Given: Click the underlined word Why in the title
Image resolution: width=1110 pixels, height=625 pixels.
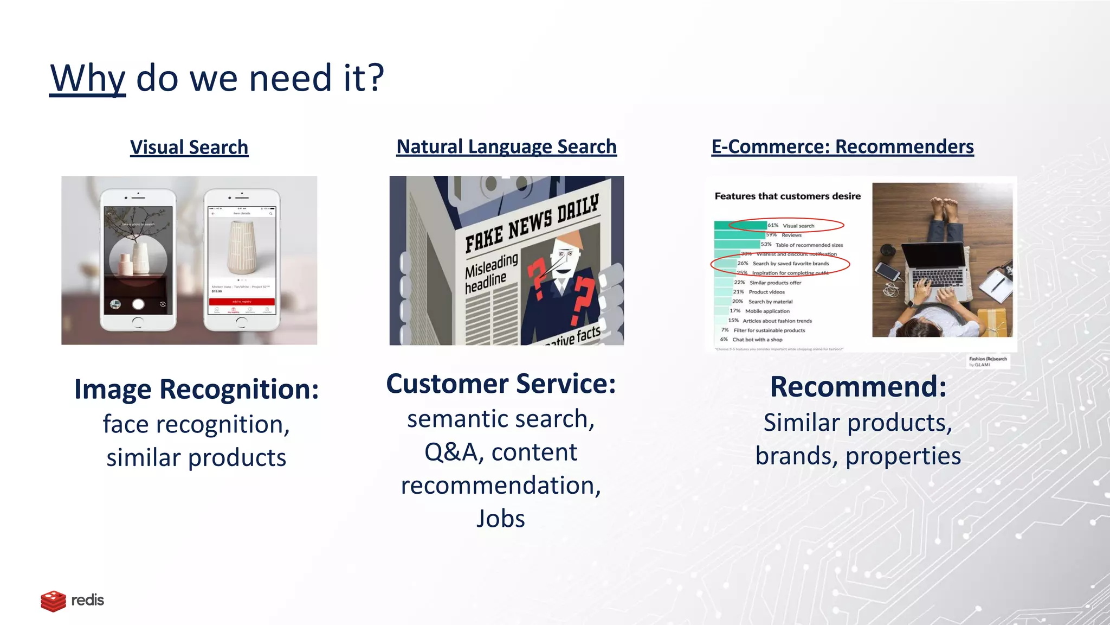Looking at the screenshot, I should [x=87, y=79].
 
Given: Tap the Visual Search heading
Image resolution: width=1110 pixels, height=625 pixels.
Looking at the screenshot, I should [x=189, y=147].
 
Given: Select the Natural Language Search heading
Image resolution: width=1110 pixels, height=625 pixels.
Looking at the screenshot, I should [x=506, y=146].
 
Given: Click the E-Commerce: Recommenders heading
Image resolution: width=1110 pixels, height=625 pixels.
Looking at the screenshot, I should [x=842, y=146].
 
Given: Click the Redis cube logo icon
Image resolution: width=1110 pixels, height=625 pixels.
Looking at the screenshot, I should [x=53, y=601].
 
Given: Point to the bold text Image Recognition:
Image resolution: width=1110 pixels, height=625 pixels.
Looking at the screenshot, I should [x=196, y=389].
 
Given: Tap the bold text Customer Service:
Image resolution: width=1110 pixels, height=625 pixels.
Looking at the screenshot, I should [x=501, y=384].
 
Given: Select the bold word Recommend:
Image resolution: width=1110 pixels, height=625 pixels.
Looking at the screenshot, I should [x=858, y=386].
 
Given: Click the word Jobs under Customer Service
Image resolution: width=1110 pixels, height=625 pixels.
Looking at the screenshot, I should [x=500, y=519].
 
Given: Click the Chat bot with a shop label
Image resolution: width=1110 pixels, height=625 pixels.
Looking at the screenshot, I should [x=757, y=340].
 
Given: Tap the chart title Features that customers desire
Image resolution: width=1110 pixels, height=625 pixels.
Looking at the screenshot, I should [x=787, y=196].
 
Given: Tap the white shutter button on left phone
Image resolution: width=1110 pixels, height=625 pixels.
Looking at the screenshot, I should [x=138, y=304].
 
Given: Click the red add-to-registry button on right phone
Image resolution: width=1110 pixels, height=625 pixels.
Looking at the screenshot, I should [x=242, y=301].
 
